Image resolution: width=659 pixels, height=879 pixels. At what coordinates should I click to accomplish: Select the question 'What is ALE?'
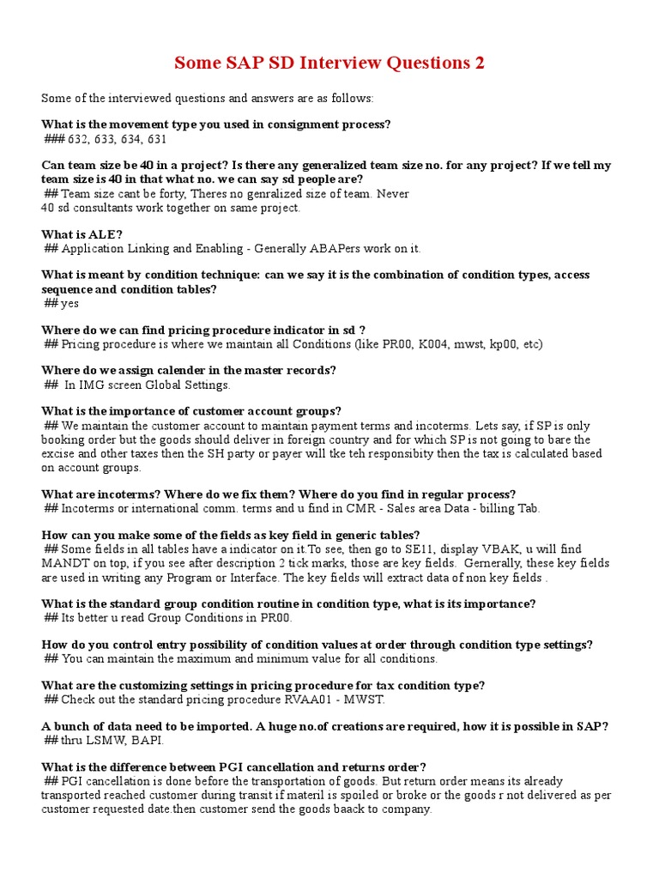coord(82,233)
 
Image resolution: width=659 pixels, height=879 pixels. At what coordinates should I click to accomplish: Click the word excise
coord(59,453)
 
